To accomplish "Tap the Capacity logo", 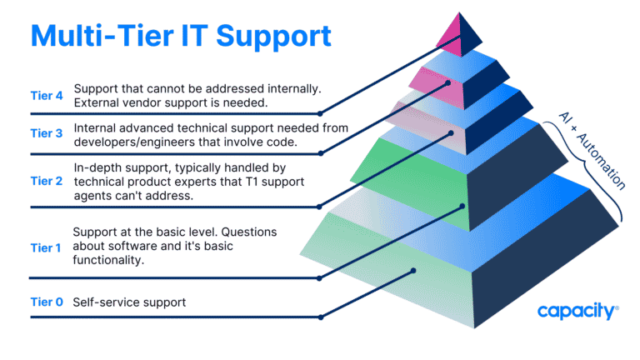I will (x=577, y=312).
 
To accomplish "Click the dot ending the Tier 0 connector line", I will (x=414, y=271).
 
